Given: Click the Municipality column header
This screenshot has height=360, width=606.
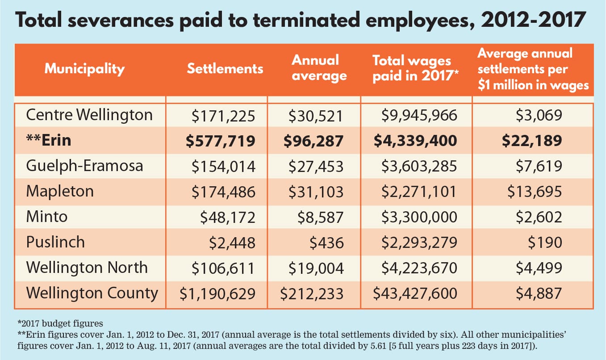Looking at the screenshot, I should coord(84,69).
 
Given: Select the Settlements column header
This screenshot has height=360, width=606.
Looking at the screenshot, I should coord(225,69).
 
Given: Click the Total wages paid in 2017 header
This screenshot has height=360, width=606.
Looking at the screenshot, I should coord(412,69).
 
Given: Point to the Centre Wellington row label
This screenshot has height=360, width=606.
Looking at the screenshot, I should coord(89,115).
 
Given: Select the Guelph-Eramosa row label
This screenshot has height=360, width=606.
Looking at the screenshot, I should coord(84,166).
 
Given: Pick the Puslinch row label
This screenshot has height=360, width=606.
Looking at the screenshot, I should coord(55,242).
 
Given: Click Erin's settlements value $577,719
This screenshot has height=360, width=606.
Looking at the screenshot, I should coord(220,141).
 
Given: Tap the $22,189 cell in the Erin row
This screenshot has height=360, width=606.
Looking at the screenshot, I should coord(532,141).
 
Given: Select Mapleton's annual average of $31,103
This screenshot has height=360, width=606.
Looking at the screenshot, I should coord(316,192).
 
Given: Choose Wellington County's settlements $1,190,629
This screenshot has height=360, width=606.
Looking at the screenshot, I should coord(217,294).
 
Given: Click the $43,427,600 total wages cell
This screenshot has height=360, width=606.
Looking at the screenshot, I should coord(415,294).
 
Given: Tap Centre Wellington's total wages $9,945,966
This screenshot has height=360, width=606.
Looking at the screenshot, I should coord(419,116).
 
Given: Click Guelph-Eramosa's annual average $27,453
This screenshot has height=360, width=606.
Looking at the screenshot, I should coord(316,167).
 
